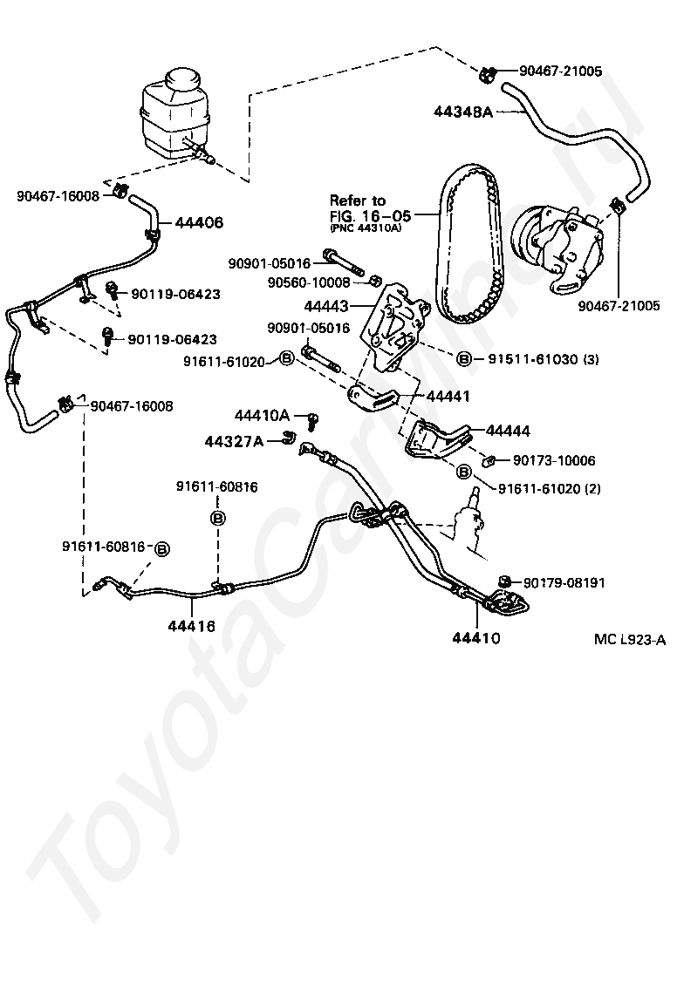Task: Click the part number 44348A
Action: tap(462, 112)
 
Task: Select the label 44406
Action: tap(199, 222)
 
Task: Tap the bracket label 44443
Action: tap(326, 306)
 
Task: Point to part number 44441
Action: tap(448, 397)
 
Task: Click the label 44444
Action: tap(508, 431)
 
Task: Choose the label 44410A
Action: tap(262, 415)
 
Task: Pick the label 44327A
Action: tap(234, 441)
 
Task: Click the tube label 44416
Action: tap(191, 626)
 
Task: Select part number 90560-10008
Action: tap(309, 282)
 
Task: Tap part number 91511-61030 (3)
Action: tap(544, 359)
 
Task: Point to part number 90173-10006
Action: tap(554, 460)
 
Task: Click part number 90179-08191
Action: tap(564, 582)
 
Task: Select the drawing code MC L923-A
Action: tap(630, 640)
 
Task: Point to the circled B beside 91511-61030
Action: tap(464, 359)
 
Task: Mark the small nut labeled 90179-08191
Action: tap(505, 581)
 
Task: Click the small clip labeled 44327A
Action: tap(289, 438)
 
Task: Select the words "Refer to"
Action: tap(358, 201)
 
